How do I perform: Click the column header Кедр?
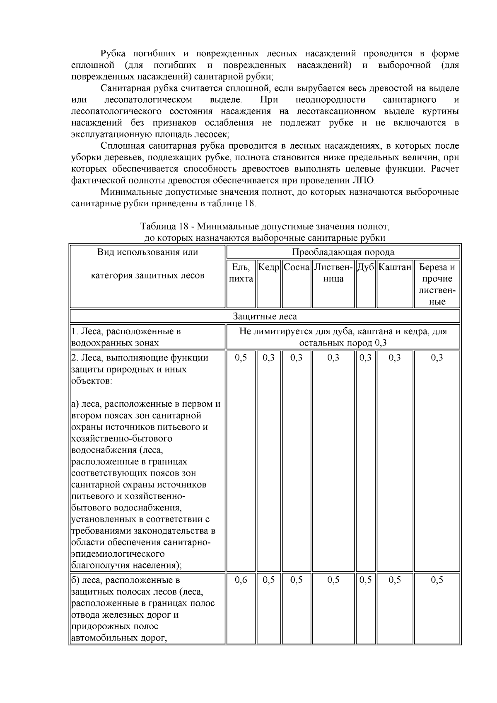click(269, 267)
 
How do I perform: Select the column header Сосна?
click(297, 267)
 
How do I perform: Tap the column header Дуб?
click(365, 267)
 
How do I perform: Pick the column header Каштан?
click(395, 267)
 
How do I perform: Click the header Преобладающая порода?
click(343, 252)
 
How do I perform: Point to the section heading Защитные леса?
click(265, 316)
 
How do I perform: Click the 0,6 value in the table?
click(241, 580)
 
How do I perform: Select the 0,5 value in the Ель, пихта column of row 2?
click(241, 358)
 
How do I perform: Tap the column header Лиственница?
click(333, 273)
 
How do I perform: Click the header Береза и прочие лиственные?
click(437, 284)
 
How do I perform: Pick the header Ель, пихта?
click(241, 273)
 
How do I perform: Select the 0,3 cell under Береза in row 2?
click(437, 358)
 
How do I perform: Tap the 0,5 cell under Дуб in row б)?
click(365, 580)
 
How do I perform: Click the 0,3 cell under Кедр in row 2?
click(269, 358)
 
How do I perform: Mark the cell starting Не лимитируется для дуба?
click(343, 337)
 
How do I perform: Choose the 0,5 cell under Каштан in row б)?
click(395, 580)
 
